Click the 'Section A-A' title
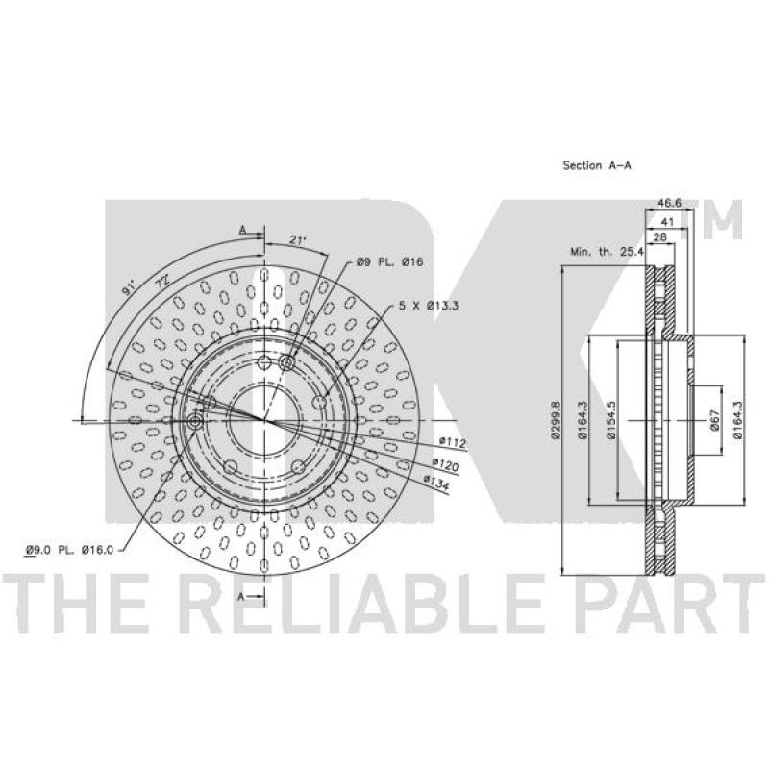[x=597, y=165]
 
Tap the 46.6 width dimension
[x=669, y=203]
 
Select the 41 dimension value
[x=668, y=222]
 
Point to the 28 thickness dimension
[x=660, y=236]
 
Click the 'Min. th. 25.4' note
[x=607, y=253]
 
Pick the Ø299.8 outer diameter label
[x=555, y=419]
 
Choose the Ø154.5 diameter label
[x=610, y=420]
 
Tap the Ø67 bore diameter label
[x=714, y=420]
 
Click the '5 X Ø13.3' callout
[x=428, y=306]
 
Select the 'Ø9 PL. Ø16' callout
[x=390, y=261]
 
